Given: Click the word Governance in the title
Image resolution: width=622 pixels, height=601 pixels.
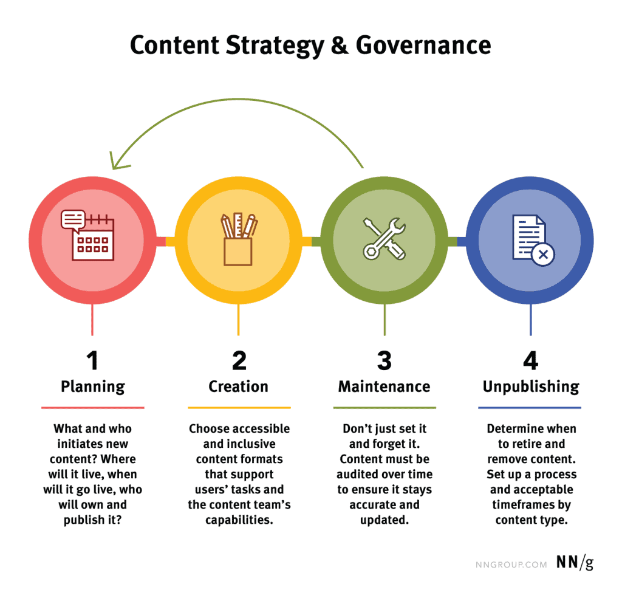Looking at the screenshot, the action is (x=423, y=45).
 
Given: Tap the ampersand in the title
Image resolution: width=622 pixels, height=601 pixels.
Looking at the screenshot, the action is (x=340, y=45).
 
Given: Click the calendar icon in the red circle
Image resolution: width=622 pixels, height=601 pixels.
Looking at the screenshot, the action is (x=87, y=235).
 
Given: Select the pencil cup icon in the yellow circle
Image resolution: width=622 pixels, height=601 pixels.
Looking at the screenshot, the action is (x=238, y=239).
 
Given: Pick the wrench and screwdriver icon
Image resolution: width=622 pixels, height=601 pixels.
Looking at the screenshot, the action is (x=384, y=239).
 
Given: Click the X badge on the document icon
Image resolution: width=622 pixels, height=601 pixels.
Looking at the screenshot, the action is (x=543, y=255).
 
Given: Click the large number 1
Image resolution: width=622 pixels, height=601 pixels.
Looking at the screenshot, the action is (x=92, y=360).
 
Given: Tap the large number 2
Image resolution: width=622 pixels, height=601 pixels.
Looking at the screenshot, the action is (x=239, y=360).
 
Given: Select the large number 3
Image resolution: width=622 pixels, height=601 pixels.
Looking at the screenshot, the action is (x=384, y=360).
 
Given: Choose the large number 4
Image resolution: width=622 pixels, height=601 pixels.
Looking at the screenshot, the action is (x=531, y=360).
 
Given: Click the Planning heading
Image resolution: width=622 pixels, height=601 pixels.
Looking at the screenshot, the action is (x=93, y=387).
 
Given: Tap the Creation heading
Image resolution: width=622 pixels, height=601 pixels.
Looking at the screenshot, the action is (x=238, y=386).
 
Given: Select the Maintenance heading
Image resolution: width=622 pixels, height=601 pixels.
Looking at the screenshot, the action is (x=384, y=386).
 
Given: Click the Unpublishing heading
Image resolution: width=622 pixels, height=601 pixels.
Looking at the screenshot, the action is (x=531, y=387).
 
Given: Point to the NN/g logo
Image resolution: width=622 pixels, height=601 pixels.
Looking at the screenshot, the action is (x=575, y=563).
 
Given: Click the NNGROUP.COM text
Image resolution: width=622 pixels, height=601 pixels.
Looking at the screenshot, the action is (x=511, y=565).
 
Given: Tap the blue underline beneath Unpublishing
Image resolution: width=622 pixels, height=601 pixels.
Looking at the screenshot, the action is (x=530, y=408).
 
